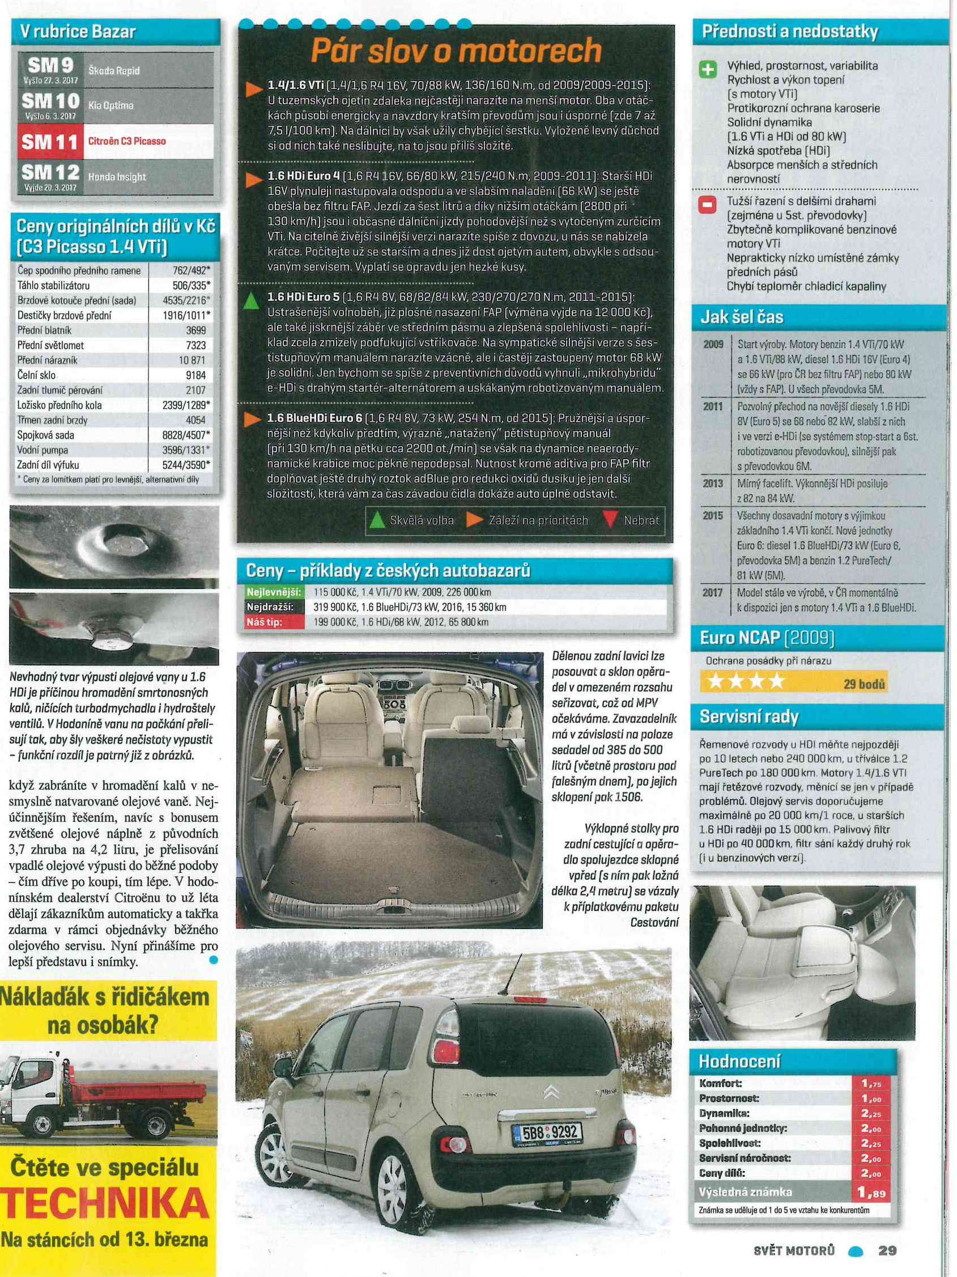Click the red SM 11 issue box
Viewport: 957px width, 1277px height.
click(x=50, y=141)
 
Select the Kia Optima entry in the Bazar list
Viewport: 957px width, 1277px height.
click(x=111, y=105)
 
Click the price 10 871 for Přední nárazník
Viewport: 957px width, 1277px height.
click(x=192, y=360)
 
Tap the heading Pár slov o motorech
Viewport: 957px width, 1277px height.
click(x=456, y=51)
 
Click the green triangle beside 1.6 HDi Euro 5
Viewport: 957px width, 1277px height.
click(x=251, y=301)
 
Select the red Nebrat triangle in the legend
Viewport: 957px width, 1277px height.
click(x=610, y=520)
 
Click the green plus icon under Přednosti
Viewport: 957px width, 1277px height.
click(x=708, y=70)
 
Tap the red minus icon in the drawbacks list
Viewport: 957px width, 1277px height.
click(x=708, y=205)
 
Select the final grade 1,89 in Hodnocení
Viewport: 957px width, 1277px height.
click(x=870, y=1192)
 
